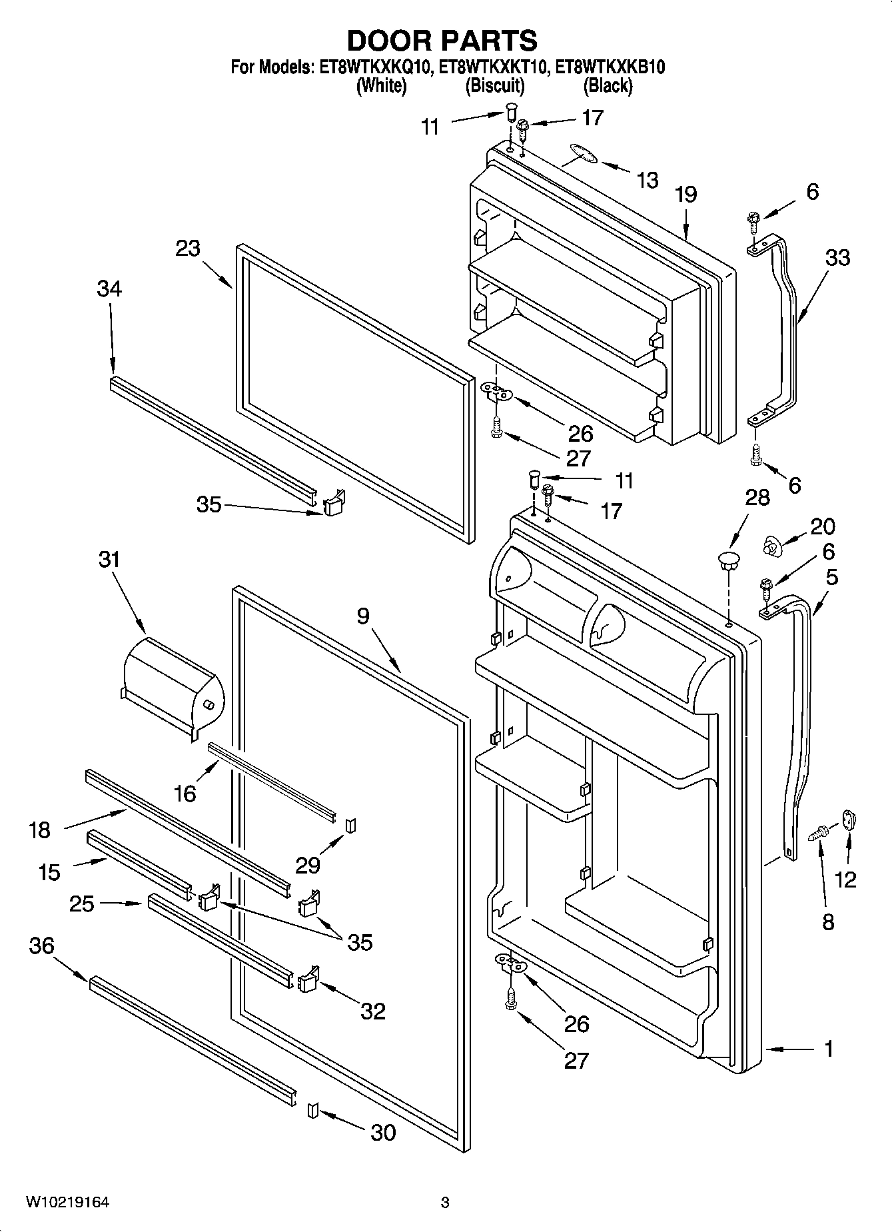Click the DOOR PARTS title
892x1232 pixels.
442,41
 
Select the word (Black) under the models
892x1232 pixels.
607,85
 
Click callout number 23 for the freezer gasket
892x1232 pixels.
189,249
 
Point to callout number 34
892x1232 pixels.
109,289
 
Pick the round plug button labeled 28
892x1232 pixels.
729,558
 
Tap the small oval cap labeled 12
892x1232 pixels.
849,819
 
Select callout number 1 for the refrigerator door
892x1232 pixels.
828,1049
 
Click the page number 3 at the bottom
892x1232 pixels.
445,1203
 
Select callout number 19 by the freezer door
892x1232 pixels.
685,194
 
